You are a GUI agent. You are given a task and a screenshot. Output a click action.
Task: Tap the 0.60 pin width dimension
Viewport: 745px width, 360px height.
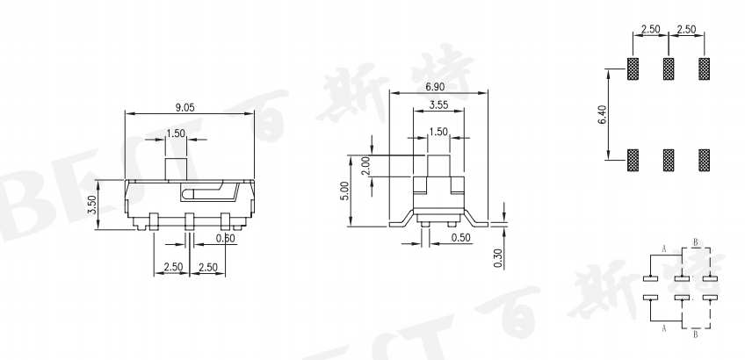click(202, 238)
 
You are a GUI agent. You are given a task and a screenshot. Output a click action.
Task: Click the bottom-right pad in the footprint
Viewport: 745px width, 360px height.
click(704, 159)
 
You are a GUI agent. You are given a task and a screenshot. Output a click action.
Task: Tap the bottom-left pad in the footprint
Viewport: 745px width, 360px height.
click(633, 159)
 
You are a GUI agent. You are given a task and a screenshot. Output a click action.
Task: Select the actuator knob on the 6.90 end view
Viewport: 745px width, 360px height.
click(437, 164)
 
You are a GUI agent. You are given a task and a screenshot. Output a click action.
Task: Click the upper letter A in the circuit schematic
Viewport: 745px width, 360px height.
click(664, 250)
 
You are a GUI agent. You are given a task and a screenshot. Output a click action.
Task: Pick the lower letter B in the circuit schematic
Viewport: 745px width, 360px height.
click(696, 335)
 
